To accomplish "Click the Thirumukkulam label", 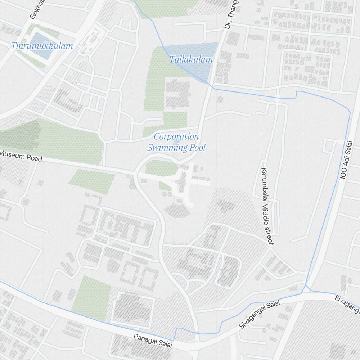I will (42, 46).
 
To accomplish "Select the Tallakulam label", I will (191, 59).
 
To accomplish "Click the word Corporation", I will (176, 137).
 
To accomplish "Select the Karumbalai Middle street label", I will (268, 206).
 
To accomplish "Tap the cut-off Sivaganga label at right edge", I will (348, 304).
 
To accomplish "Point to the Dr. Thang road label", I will (231, 14).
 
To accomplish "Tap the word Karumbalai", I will (265, 184).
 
